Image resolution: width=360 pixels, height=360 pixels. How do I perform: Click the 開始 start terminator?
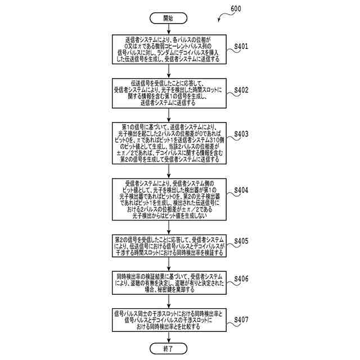coord(168,18)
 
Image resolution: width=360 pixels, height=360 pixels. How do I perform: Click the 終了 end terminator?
coord(168,349)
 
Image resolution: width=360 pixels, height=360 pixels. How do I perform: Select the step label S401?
coord(241,46)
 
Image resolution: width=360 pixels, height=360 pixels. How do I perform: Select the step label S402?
coord(241,89)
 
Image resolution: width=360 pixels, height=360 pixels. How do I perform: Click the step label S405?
coord(241,240)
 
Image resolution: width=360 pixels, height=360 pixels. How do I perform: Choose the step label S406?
coord(241,278)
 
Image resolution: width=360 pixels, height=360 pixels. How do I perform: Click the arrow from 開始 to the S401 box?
coord(168,29)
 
